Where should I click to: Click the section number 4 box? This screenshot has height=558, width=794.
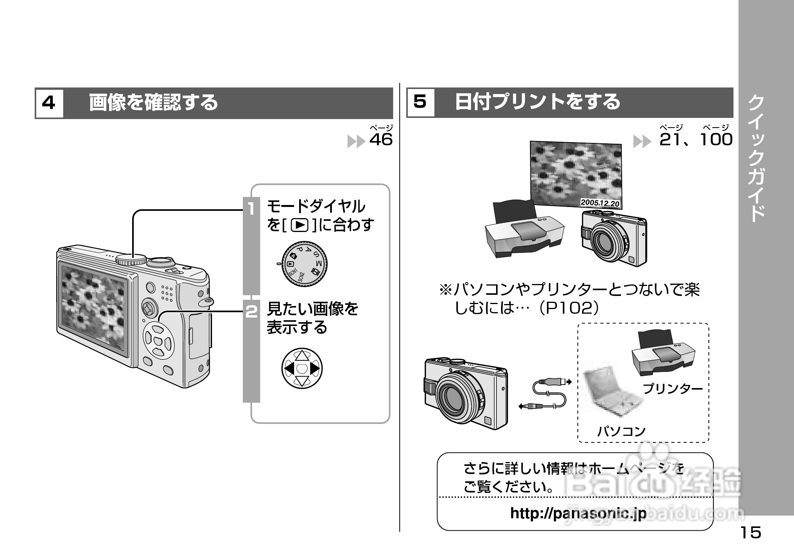[49, 103]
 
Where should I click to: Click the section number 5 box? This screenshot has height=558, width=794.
[420, 102]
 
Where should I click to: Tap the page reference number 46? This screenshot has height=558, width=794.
[381, 139]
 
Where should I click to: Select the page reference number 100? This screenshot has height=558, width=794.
[716, 139]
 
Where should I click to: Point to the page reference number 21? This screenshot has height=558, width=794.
[671, 139]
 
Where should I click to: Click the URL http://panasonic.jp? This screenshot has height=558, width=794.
[578, 513]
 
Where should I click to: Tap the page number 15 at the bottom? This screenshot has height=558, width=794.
[750, 533]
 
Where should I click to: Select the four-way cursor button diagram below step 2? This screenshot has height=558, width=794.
[302, 368]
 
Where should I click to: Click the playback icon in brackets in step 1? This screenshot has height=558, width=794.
[299, 225]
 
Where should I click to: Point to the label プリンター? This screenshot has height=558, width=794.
[673, 388]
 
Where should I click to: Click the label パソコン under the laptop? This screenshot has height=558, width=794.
[621, 431]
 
